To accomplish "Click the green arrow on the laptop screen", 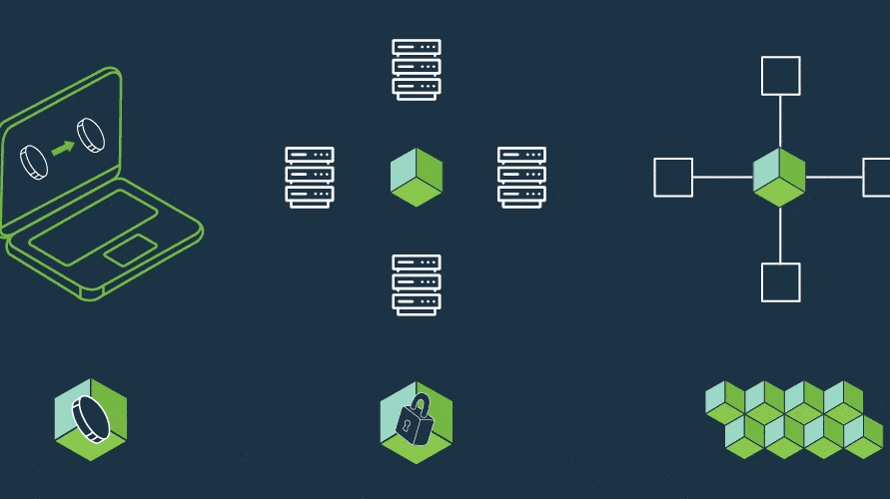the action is pyautogui.click(x=63, y=148).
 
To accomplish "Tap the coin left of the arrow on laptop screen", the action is pyautogui.click(x=34, y=162).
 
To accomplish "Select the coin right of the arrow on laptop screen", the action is pyautogui.click(x=92, y=135).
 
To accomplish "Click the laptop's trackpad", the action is pyautogui.click(x=130, y=250).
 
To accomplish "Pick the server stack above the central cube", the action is pyautogui.click(x=417, y=69).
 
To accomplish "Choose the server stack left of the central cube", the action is pyautogui.click(x=310, y=177).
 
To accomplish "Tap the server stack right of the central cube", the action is pyautogui.click(x=521, y=177).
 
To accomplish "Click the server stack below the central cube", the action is pyautogui.click(x=417, y=284).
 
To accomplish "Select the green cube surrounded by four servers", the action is pyautogui.click(x=417, y=178).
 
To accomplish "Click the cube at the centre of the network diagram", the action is pyautogui.click(x=779, y=178).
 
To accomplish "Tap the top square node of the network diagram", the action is pyautogui.click(x=780, y=76).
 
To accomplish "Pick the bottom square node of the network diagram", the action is pyautogui.click(x=780, y=281).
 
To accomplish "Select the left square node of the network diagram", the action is pyautogui.click(x=673, y=177).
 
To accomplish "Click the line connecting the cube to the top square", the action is pyautogui.click(x=780, y=122).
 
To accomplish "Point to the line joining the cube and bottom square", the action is pyautogui.click(x=780, y=235).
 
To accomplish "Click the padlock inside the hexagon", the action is pyautogui.click(x=416, y=421).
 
